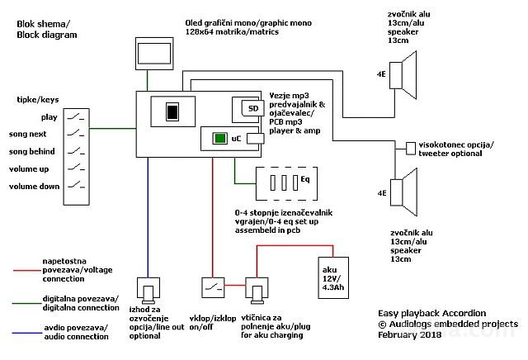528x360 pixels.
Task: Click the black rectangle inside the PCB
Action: coord(172,111)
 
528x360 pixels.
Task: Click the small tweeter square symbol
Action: coord(411,148)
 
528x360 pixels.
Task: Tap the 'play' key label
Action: coord(49,117)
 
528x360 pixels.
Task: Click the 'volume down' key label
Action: coord(34,187)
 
